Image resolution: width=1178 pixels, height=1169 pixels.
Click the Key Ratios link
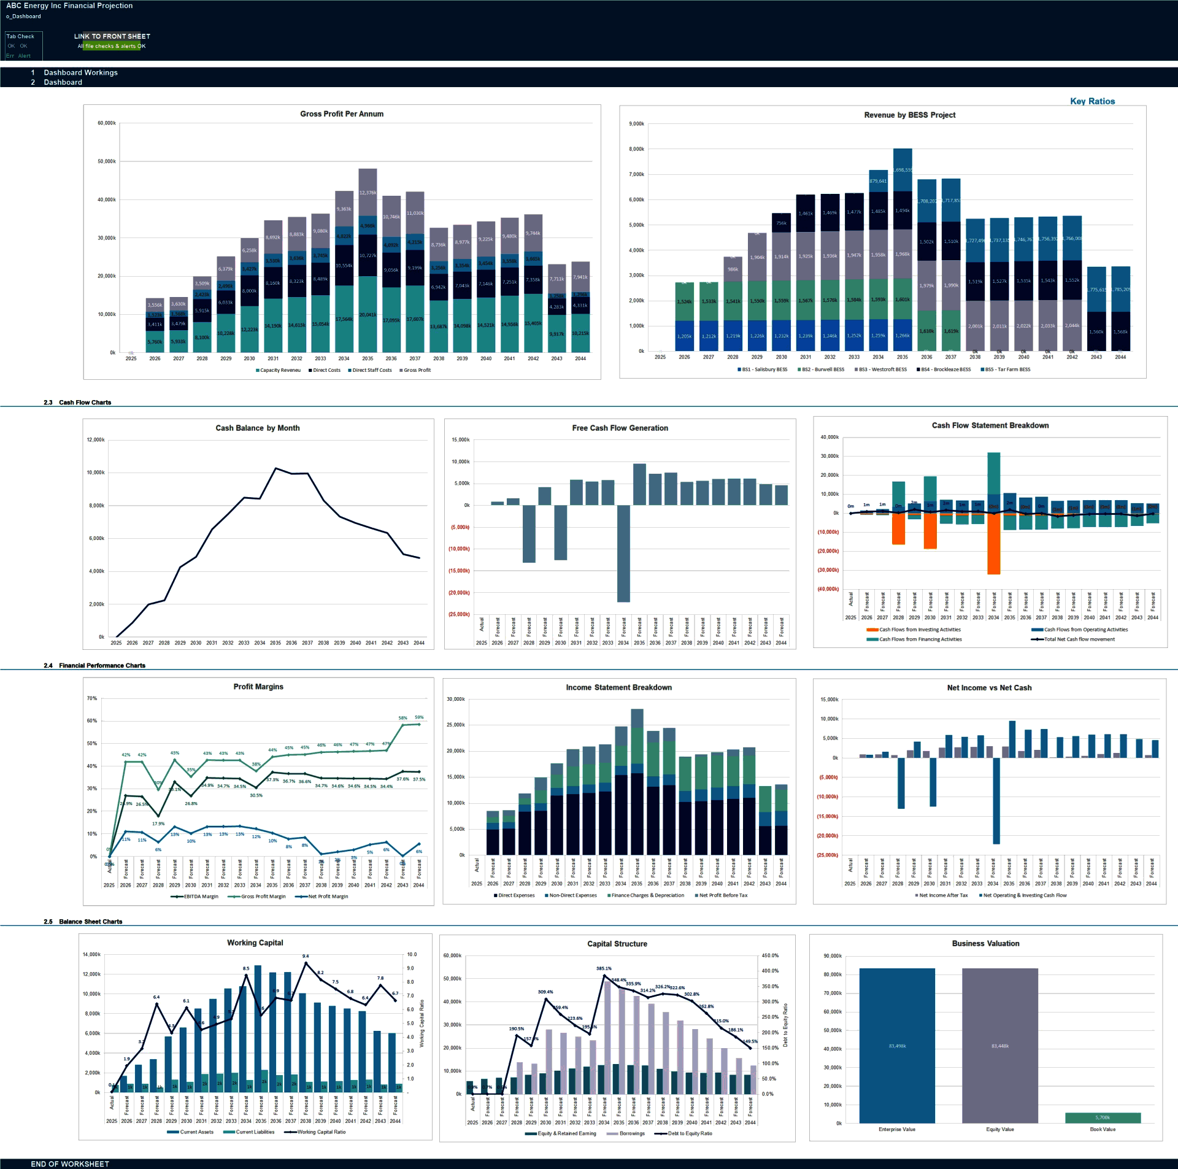click(1092, 101)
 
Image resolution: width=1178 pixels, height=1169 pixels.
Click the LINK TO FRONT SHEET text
click(112, 36)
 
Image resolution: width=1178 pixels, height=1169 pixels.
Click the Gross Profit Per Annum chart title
click(342, 114)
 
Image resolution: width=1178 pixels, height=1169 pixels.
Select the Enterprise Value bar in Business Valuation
click(896, 1045)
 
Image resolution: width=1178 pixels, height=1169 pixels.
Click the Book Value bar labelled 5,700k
click(1103, 1117)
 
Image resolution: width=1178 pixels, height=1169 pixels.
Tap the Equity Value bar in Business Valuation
click(999, 1045)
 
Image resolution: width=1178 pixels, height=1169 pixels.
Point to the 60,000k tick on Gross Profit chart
click(107, 123)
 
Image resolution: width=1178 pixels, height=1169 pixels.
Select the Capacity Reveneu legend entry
click(280, 370)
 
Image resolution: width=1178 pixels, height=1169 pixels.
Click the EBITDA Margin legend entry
click(200, 897)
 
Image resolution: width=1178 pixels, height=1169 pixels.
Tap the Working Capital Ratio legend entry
click(321, 1132)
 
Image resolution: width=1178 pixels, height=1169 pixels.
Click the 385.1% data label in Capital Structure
click(604, 968)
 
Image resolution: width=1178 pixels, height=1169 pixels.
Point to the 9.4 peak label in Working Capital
click(306, 956)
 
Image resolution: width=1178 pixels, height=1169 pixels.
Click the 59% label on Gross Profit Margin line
click(419, 717)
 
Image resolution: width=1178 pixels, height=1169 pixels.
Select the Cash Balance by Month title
click(258, 428)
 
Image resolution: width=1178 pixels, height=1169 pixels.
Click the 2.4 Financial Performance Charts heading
click(102, 665)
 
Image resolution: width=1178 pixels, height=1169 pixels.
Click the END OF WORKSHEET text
click(70, 1164)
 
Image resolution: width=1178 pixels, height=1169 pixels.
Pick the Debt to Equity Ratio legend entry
click(689, 1133)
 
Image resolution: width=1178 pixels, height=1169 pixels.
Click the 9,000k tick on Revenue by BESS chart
click(636, 124)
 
